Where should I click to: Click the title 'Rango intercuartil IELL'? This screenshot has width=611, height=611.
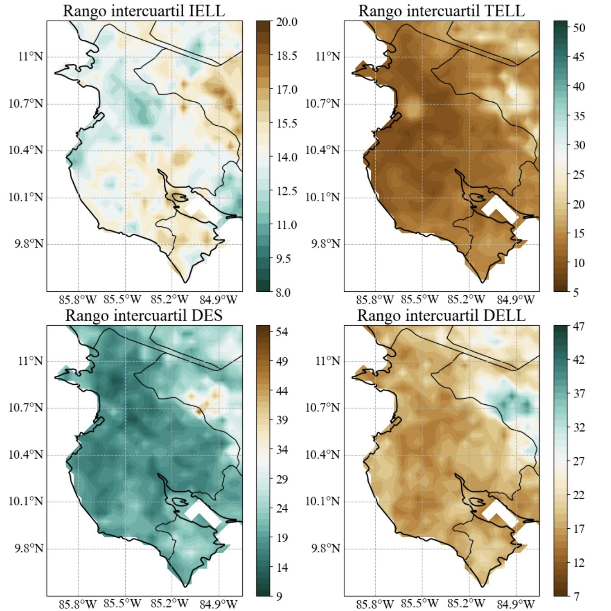click(143, 11)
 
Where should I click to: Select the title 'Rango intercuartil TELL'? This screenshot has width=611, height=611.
click(441, 11)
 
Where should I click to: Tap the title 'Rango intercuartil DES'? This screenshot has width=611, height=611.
click(143, 315)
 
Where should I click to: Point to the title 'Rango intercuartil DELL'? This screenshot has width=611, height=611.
click(441, 315)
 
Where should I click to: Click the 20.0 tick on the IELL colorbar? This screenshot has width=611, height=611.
click(286, 22)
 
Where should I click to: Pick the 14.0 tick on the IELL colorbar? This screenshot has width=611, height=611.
click(286, 157)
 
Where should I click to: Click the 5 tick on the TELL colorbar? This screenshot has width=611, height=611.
click(575, 292)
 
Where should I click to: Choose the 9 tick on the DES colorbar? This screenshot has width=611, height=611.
click(279, 597)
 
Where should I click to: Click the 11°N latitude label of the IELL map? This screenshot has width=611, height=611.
click(31, 57)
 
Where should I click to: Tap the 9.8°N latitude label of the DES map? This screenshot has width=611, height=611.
click(29, 549)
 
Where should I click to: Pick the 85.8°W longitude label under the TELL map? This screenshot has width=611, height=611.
click(375, 299)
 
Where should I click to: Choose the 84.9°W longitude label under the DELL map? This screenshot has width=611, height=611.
click(516, 604)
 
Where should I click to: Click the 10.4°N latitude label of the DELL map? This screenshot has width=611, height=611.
click(322, 455)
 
